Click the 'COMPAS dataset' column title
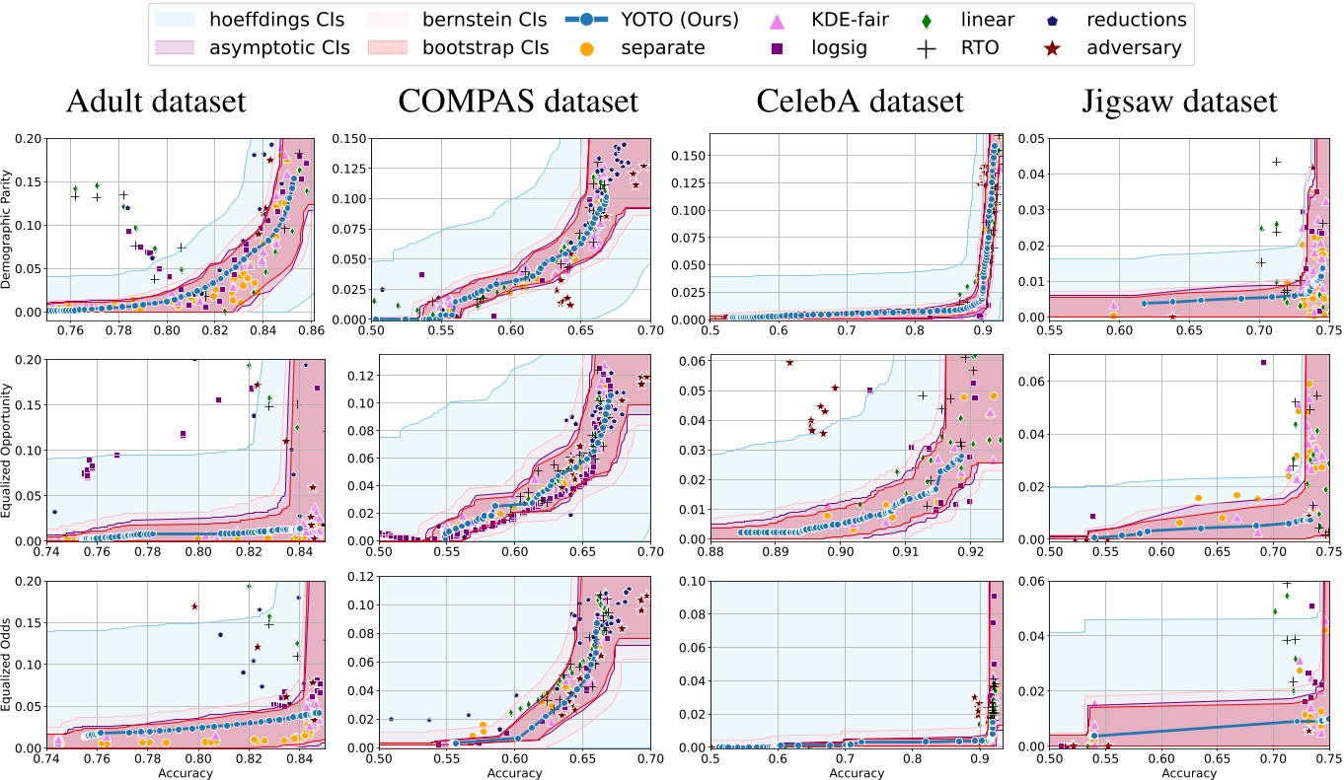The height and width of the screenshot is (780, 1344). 518,102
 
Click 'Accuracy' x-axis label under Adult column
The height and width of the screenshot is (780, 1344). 185,773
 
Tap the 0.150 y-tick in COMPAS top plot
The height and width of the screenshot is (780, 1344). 350,138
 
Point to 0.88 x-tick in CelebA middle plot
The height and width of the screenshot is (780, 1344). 710,554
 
